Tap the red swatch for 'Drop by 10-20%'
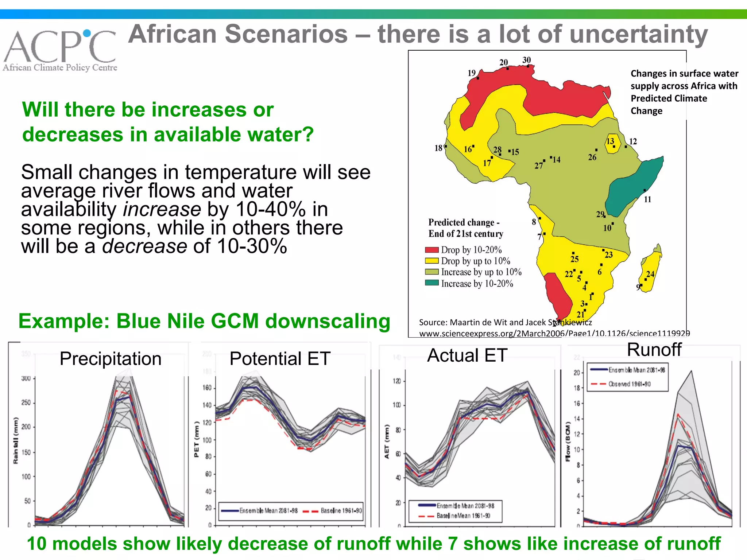click(x=431, y=250)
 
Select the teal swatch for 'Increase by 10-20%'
click(x=431, y=283)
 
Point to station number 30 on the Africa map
click(x=527, y=60)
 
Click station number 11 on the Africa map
click(x=647, y=199)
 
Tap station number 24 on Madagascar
click(x=650, y=274)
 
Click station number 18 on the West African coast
click(x=438, y=148)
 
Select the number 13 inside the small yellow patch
click(x=610, y=141)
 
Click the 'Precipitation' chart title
click(x=111, y=359)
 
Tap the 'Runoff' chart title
click(x=654, y=350)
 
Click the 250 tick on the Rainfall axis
click(x=26, y=402)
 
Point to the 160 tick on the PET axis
click(x=207, y=388)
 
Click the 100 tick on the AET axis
click(x=396, y=405)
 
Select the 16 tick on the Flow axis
click(x=576, y=403)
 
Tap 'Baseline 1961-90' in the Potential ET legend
click(x=341, y=511)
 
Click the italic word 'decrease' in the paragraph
click(x=144, y=246)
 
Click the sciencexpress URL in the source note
click(x=554, y=333)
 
